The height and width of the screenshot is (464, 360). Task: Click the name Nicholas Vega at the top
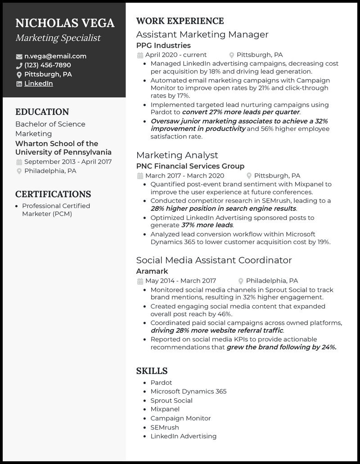pos(65,23)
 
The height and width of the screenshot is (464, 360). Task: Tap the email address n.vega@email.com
pos(55,56)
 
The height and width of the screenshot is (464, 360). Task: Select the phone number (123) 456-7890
pos(48,65)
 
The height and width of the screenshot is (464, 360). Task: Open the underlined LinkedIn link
pos(39,84)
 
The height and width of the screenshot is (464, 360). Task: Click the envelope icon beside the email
pos(19,57)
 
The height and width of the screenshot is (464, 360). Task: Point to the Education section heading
pos(42,112)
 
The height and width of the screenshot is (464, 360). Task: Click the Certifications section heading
pos(53,194)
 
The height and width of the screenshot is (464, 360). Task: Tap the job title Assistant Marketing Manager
pos(202,34)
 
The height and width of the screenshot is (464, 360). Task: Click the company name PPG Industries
pos(163,45)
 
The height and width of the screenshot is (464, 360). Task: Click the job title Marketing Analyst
pos(177,155)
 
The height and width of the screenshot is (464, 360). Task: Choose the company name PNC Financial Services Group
pos(190,166)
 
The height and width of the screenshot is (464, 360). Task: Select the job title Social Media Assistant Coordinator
pos(214,260)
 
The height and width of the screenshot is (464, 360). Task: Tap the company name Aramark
pos(152,271)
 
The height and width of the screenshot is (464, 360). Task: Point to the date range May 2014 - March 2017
pos(180,281)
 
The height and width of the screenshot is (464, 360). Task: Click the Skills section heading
pos(152,371)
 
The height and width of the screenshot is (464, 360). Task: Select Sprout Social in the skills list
pos(171,401)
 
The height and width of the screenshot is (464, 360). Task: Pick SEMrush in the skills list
pos(165,427)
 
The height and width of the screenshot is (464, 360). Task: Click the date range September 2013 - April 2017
pos(68,162)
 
